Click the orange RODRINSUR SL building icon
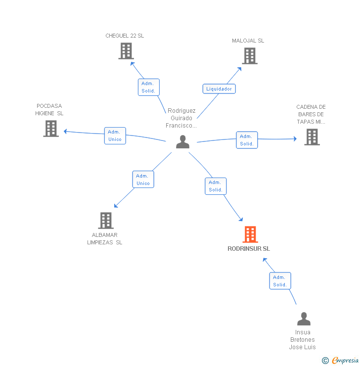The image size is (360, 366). (x=250, y=234)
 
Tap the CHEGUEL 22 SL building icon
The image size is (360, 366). (x=126, y=51)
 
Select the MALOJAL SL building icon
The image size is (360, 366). (x=250, y=56)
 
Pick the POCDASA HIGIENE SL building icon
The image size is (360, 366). (x=51, y=129)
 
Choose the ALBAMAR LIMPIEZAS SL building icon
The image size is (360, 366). (x=105, y=221)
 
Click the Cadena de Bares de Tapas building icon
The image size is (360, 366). (x=312, y=137)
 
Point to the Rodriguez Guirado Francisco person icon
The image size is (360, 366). (x=182, y=142)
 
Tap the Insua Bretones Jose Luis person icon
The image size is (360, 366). (x=304, y=319)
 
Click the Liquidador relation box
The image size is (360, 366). (x=219, y=89)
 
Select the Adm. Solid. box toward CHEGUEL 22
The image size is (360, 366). (x=148, y=87)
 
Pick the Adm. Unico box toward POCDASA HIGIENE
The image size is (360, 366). (x=115, y=136)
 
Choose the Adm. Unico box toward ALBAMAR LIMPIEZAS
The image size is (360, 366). (x=143, y=180)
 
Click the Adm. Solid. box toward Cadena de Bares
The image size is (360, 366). (x=247, y=140)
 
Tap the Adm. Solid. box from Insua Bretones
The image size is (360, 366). (x=280, y=281)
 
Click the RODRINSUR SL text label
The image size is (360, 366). (x=249, y=249)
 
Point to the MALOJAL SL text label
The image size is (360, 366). (x=248, y=41)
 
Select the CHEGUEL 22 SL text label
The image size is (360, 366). (x=125, y=36)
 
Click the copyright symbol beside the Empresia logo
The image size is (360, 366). (x=325, y=361)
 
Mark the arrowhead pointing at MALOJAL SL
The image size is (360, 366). (x=240, y=68)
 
